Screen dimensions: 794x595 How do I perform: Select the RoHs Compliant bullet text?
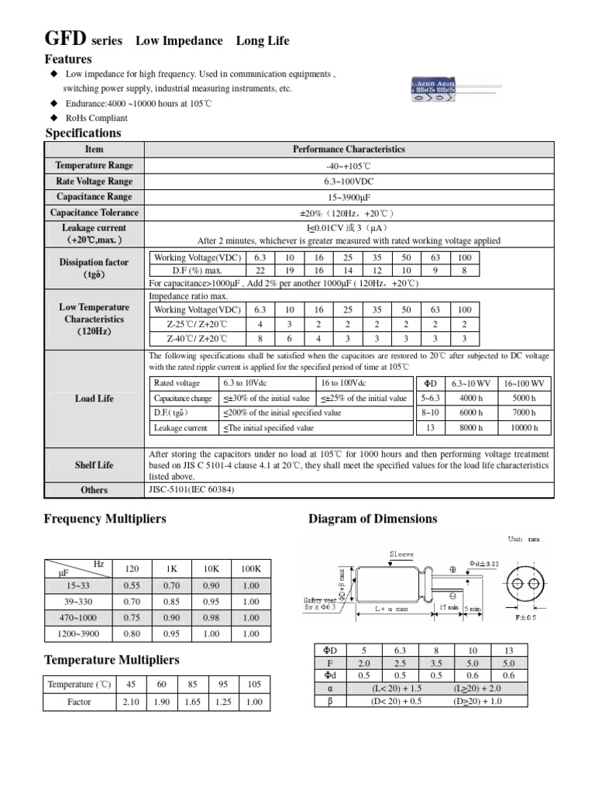96,118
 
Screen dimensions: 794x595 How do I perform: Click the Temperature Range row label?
95,165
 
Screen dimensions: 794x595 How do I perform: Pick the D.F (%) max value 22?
260,270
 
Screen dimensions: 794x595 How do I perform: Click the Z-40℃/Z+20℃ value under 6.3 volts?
260,338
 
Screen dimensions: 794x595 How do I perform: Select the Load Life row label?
95,399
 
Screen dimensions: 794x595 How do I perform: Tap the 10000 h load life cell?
524,428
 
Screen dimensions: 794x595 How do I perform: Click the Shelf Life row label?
95,465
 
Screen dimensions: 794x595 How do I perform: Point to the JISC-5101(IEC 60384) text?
191,490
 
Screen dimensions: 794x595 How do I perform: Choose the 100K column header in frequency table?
250,568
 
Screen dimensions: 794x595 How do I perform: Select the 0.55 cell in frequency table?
132,585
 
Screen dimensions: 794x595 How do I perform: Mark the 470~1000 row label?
77,617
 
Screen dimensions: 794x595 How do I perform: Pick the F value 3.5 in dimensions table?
435,664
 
